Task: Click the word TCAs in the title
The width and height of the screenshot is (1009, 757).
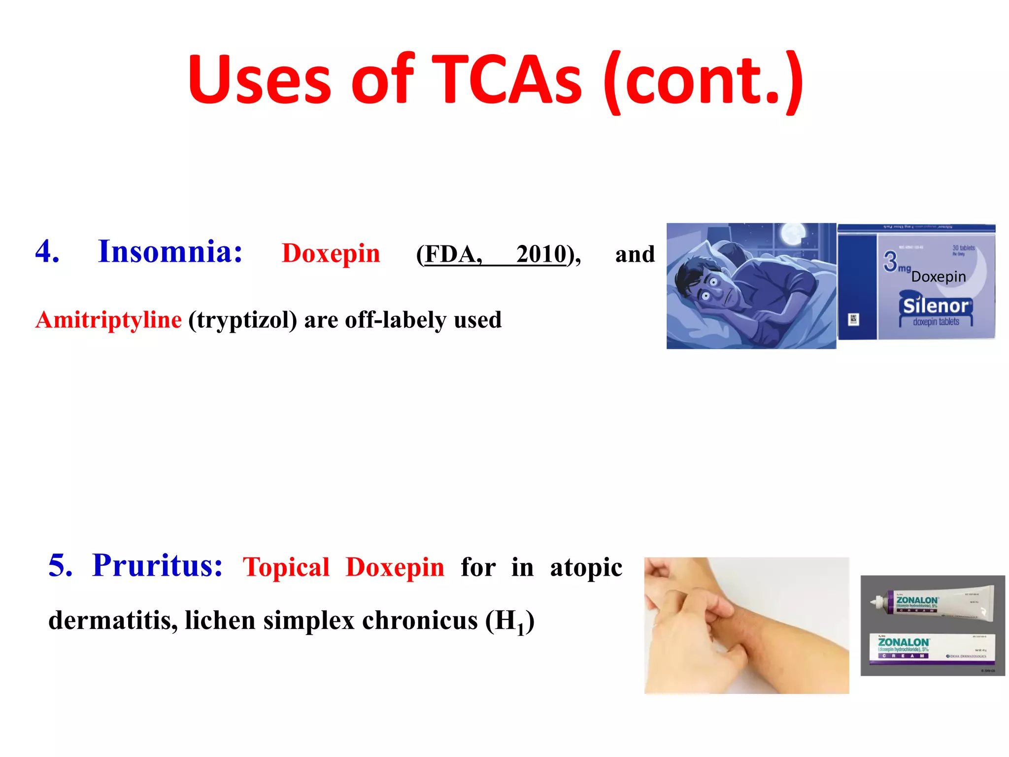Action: (507, 80)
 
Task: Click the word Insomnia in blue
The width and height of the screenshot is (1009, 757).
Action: (170, 252)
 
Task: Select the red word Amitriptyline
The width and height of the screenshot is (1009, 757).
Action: (109, 320)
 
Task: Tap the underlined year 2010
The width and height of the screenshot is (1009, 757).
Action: (541, 254)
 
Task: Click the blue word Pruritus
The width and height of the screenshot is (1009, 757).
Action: (157, 565)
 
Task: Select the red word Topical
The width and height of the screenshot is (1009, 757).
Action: (286, 567)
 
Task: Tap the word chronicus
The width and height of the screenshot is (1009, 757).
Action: (420, 620)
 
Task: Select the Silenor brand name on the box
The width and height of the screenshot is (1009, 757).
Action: (936, 306)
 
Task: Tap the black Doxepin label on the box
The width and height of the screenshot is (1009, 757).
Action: (938, 277)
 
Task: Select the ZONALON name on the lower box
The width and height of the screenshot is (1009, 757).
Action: (904, 642)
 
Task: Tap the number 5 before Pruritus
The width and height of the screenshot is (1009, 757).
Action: (60, 565)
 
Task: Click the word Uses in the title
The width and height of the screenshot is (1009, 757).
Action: (259, 80)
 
